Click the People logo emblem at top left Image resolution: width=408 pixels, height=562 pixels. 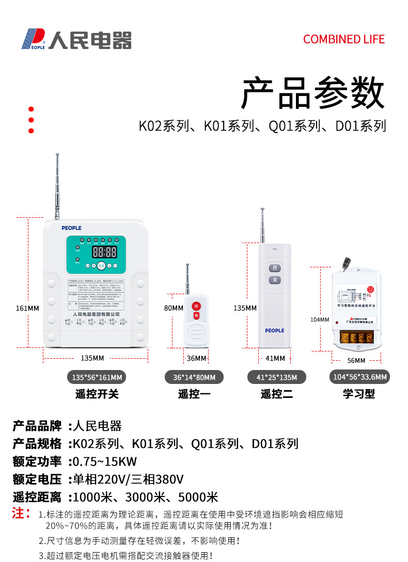pyautogui.click(x=33, y=39)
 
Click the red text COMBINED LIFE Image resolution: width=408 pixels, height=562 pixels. pyautogui.click(x=344, y=39)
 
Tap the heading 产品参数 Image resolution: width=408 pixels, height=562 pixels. pyautogui.click(x=313, y=93)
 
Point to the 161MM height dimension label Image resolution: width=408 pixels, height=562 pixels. pyautogui.click(x=27, y=308)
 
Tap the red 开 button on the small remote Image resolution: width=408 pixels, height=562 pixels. pyautogui.click(x=196, y=306)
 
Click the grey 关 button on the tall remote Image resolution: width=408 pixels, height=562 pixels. pyautogui.click(x=275, y=280)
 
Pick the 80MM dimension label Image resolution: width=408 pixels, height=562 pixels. pyautogui.click(x=174, y=308)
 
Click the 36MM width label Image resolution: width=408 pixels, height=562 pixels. pyautogui.click(x=196, y=358)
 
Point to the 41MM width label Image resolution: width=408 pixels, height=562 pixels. pyautogui.click(x=275, y=358)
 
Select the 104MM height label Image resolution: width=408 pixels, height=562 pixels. pyautogui.click(x=320, y=319)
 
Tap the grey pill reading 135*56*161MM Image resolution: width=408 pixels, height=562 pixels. pyautogui.click(x=97, y=377)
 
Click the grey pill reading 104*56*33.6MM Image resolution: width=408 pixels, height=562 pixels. pyautogui.click(x=359, y=377)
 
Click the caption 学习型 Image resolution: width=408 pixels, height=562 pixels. pyautogui.click(x=359, y=394)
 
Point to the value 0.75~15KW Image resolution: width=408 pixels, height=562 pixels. pyautogui.click(x=105, y=461)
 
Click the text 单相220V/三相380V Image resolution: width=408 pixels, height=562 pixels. pyautogui.click(x=128, y=479)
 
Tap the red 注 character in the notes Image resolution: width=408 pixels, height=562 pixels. pyautogui.click(x=19, y=513)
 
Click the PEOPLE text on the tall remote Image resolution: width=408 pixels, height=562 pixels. pyautogui.click(x=275, y=330)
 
